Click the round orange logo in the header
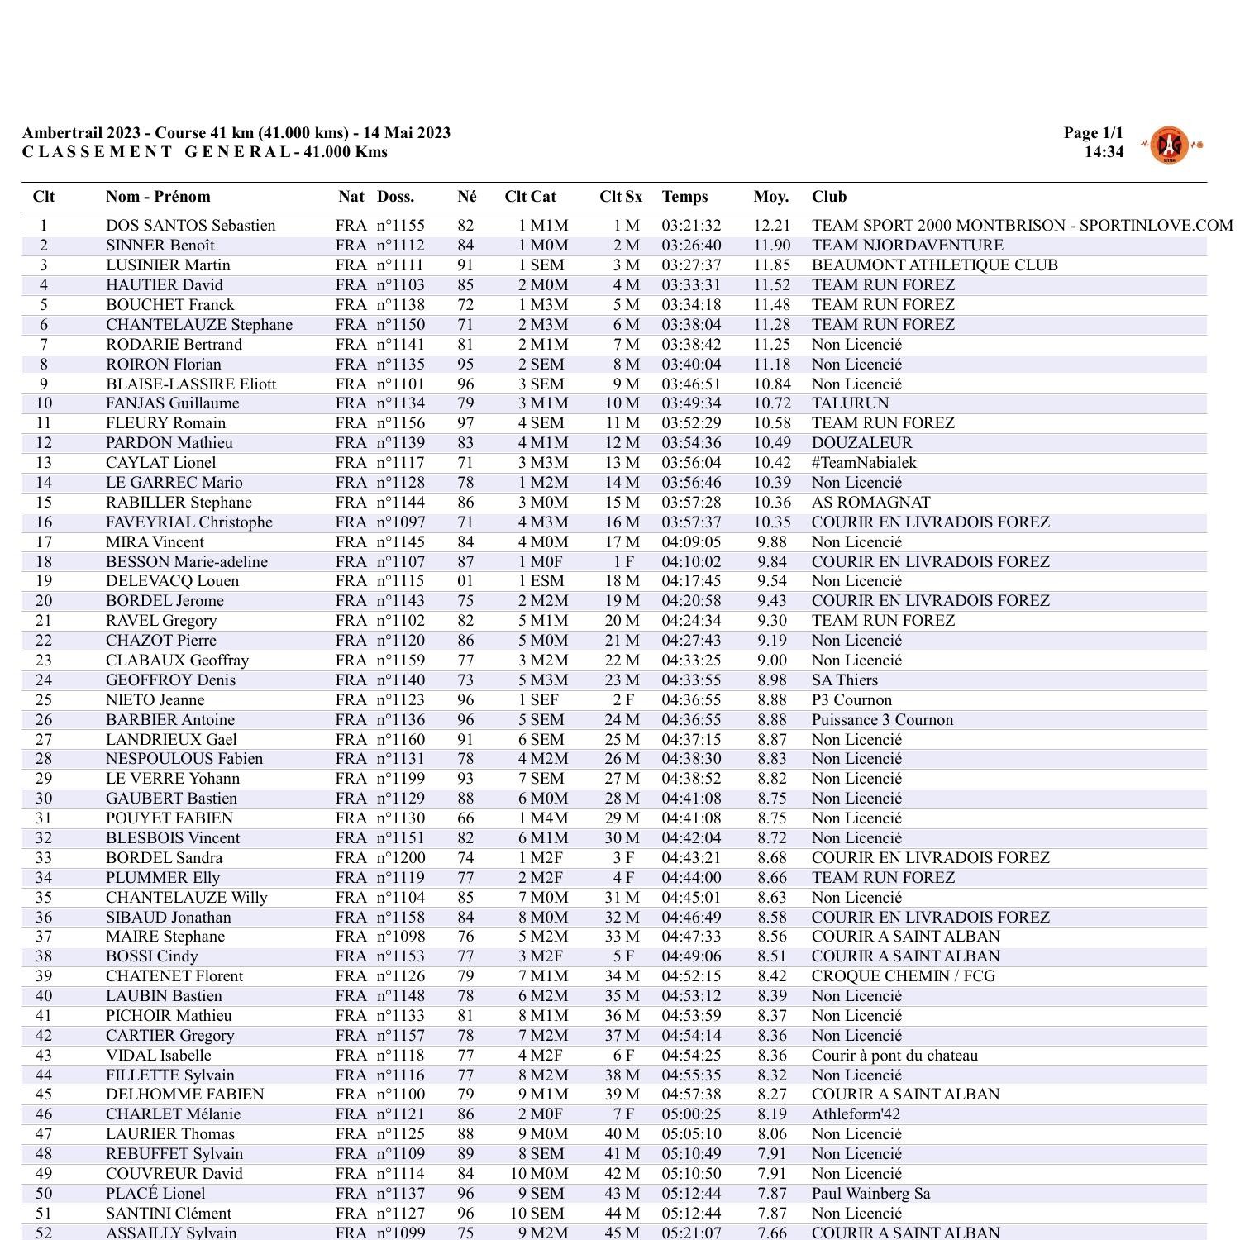pyautogui.click(x=1169, y=145)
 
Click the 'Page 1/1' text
pyautogui.click(x=1093, y=133)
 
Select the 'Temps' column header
pyautogui.click(x=684, y=197)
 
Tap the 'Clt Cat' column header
pyautogui.click(x=530, y=197)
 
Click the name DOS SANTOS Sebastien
pyautogui.click(x=190, y=226)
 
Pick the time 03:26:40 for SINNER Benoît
pyautogui.click(x=691, y=246)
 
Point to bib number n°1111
pyautogui.click(x=400, y=265)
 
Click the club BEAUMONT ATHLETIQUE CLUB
pyautogui.click(x=934, y=265)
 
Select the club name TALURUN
pyautogui.click(x=850, y=403)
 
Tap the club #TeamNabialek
pyautogui.click(x=864, y=463)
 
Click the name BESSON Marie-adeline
pyautogui.click(x=187, y=562)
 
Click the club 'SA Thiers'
pyautogui.click(x=844, y=680)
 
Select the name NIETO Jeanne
pyautogui.click(x=155, y=700)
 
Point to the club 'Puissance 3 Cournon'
pyautogui.click(x=882, y=720)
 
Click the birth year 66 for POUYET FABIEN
pyautogui.click(x=466, y=818)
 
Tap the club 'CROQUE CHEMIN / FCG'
pyautogui.click(x=903, y=976)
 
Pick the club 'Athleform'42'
pyautogui.click(x=856, y=1114)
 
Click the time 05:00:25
pyautogui.click(x=691, y=1114)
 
